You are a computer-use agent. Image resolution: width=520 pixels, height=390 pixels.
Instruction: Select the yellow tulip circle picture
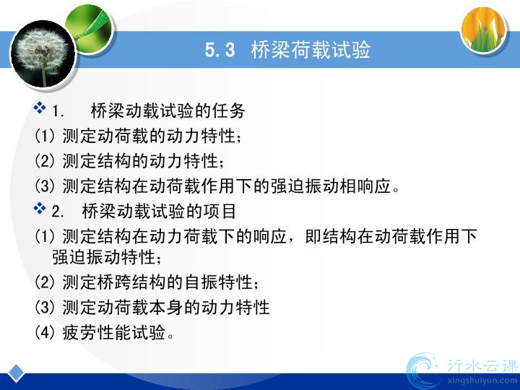coord(484,29)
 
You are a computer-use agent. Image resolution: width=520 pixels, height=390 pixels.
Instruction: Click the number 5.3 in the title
coord(220,51)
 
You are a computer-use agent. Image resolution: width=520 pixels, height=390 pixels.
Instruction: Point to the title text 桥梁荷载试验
coord(311,51)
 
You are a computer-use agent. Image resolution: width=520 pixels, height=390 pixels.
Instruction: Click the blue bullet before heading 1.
coord(40,108)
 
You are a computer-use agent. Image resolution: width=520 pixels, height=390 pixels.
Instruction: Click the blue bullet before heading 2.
coord(40,208)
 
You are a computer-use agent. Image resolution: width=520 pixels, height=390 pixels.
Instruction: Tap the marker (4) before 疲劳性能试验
coord(45,332)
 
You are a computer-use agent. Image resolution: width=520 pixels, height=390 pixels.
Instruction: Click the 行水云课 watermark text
coord(482,366)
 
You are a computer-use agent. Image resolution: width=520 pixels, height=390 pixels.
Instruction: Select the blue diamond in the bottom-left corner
coord(16,373)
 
